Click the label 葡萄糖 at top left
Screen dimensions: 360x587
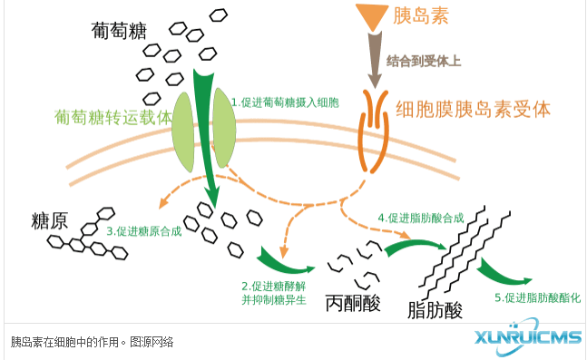pyautogui.click(x=119, y=30)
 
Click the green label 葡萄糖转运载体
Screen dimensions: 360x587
pyautogui.click(x=113, y=118)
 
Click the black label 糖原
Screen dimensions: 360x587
pyautogui.click(x=49, y=220)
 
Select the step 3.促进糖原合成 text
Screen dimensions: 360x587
pyautogui.click(x=144, y=230)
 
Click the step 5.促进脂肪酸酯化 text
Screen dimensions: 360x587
pyautogui.click(x=537, y=297)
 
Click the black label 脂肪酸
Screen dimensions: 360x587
pyautogui.click(x=435, y=309)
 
